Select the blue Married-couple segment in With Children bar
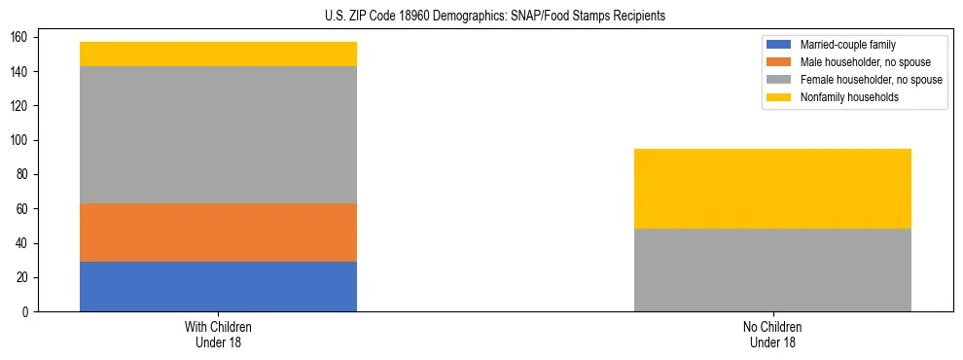pyautogui.click(x=218, y=286)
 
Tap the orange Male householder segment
pyautogui.click(x=218, y=233)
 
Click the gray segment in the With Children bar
pyautogui.click(x=218, y=134)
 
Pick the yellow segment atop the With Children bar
pyautogui.click(x=218, y=54)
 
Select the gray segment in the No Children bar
pyautogui.click(x=772, y=270)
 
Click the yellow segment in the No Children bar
pyautogui.click(x=772, y=189)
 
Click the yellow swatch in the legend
pyautogui.click(x=779, y=97)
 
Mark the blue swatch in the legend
pyautogui.click(x=779, y=45)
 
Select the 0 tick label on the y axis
pyautogui.click(x=27, y=311)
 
